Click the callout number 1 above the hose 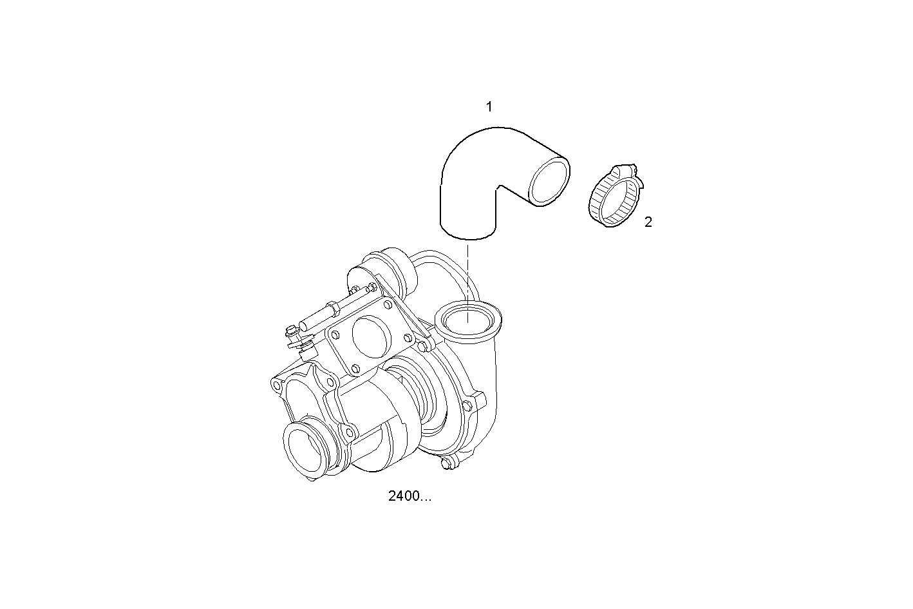pos(489,107)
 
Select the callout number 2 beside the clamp pos(648,222)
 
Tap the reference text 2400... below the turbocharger pos(409,496)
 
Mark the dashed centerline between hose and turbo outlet pos(468,271)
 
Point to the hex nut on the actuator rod pos(333,308)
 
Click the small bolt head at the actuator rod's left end pos(291,333)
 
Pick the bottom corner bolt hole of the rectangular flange pos(355,368)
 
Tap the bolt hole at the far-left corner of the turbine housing pos(277,385)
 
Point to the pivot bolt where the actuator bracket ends pos(425,347)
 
